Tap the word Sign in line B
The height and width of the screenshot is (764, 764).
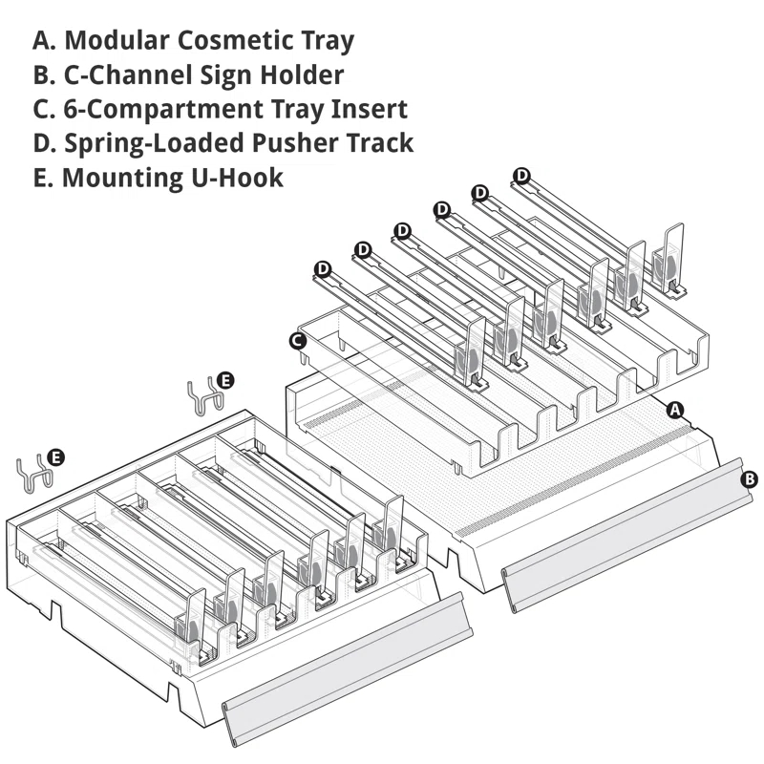(x=226, y=75)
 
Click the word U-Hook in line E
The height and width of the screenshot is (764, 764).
(x=237, y=178)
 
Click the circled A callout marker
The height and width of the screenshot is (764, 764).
(x=675, y=411)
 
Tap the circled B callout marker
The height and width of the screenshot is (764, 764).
(x=749, y=479)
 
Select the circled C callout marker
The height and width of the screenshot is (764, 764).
(x=298, y=341)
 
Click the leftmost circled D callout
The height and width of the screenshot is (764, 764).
(x=323, y=269)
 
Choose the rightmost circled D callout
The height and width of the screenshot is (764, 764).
(x=521, y=176)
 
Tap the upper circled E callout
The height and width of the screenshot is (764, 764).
(x=224, y=380)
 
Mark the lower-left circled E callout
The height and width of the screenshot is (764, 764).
(x=56, y=458)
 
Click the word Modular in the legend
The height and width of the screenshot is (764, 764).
(x=117, y=39)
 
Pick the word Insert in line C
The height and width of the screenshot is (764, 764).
(x=370, y=109)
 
